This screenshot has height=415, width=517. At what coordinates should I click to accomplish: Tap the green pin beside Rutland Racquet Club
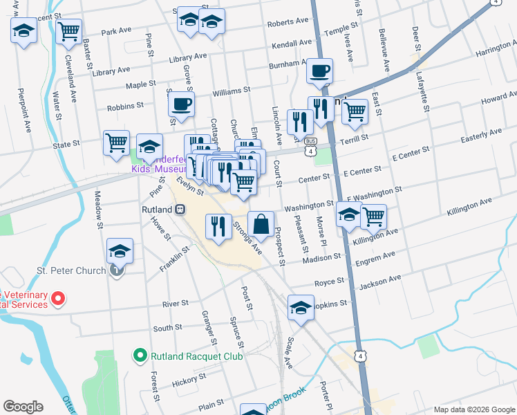pos(139,356)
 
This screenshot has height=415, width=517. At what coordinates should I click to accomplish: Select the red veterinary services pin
pos(59,299)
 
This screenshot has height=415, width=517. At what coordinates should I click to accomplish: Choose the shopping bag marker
pos(260,225)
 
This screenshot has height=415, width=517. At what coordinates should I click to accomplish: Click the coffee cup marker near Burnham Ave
pos(319,71)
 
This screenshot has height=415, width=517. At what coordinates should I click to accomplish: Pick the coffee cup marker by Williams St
pos(181,105)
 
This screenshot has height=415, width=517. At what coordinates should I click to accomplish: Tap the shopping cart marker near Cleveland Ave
pos(69,31)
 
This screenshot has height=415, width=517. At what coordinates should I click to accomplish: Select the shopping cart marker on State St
pos(116,143)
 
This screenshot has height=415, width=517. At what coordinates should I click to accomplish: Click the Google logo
pos(23,407)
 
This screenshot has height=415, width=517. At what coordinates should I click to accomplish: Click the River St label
pos(176,304)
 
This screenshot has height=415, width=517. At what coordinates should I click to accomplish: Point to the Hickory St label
pos(185,381)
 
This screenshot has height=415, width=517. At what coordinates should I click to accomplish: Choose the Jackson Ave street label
pos(380,279)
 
